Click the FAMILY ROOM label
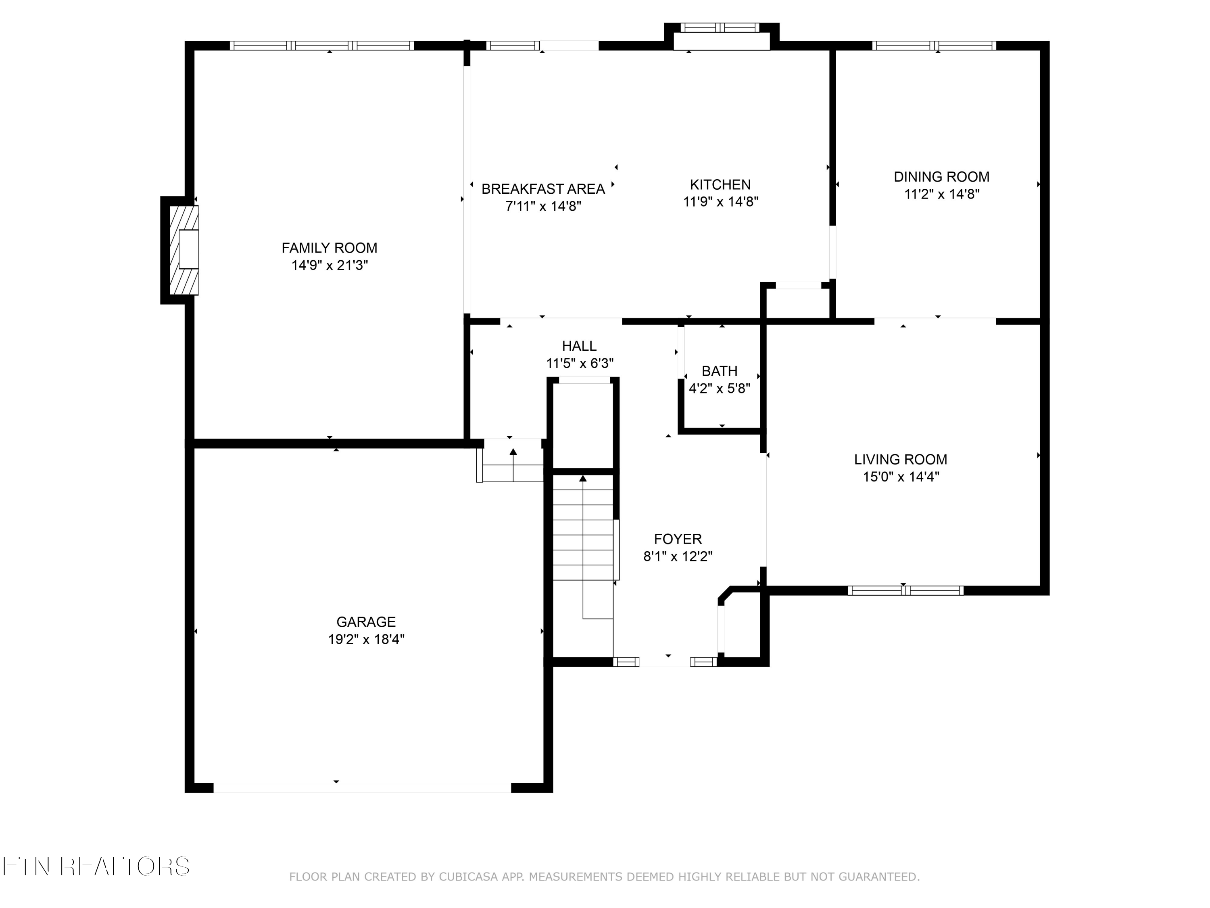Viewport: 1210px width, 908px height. coord(329,248)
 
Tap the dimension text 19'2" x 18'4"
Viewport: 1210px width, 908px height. coord(366,639)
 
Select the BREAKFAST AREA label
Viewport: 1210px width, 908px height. coord(542,189)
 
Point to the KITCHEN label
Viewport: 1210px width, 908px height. coord(720,184)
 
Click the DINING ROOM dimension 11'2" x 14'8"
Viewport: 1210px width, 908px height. coord(941,194)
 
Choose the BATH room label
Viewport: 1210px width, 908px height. coord(719,371)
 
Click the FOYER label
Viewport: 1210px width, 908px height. coord(678,539)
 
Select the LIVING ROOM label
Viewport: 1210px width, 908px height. coord(900,459)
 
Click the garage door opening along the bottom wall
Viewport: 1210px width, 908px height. coord(362,788)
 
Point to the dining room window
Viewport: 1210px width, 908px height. coord(934,46)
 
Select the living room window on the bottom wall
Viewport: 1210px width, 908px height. coord(905,590)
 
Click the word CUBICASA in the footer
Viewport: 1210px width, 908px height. coord(468,877)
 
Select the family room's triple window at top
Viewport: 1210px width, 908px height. coord(321,46)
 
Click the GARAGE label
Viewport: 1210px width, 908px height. coord(366,622)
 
